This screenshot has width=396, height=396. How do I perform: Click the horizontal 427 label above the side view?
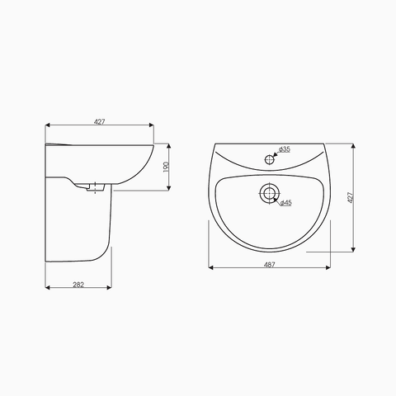tap(99, 121)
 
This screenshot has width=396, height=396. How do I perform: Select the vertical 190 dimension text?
tap(166, 167)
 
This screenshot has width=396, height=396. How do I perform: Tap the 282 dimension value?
tap(78, 284)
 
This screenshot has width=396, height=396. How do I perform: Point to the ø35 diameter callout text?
tap(284, 148)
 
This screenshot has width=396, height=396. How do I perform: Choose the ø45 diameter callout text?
tap(285, 202)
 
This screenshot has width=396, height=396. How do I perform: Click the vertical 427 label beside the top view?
tap(350, 198)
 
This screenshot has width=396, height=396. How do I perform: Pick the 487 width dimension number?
tap(269, 264)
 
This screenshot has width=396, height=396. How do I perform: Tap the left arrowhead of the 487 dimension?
tap(210, 268)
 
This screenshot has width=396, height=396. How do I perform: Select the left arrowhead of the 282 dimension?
tap(47, 288)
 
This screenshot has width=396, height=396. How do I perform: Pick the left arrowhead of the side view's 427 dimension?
tap(47, 125)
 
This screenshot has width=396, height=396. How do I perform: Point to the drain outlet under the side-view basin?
tap(87, 187)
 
